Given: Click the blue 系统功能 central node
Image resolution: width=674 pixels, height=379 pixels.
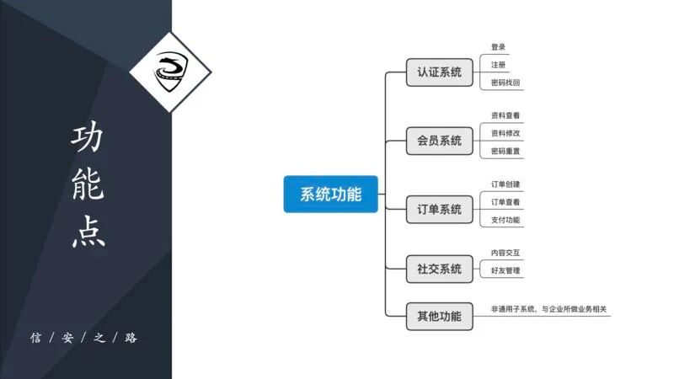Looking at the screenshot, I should coord(330,195).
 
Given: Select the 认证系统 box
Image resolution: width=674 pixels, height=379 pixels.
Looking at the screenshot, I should coord(439,72).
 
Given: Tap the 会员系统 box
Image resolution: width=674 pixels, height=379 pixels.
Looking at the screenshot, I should coord(439,141).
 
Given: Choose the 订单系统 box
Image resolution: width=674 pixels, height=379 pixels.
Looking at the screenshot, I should coord(439,209).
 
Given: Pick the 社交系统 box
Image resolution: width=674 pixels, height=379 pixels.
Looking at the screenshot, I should coord(439,269).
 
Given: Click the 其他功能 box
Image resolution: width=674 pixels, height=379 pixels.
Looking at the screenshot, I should coord(439,317).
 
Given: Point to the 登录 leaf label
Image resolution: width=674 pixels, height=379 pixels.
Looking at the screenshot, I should coord(499,47).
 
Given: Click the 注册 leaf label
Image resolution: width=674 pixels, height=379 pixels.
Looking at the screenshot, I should coord(499,65).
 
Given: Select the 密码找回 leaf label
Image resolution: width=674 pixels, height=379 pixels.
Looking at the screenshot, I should coord(505,83).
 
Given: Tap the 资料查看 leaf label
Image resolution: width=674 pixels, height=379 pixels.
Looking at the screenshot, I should coord(505,115).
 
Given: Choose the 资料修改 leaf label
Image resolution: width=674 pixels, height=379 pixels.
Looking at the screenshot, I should coord(505,133).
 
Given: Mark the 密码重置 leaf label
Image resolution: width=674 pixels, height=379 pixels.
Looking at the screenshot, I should coord(505,152).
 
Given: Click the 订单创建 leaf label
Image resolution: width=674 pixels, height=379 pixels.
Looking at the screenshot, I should coord(505,184).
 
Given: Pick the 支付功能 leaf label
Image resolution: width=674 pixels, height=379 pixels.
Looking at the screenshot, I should coord(505,220).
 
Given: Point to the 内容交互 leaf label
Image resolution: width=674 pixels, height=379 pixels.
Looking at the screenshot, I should coord(505,253).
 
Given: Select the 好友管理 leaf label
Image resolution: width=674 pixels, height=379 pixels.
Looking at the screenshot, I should coord(505,270).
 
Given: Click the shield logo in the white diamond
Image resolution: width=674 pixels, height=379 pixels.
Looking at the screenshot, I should coord(170,71).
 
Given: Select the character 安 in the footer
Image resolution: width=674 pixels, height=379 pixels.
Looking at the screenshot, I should coord(69,338).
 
